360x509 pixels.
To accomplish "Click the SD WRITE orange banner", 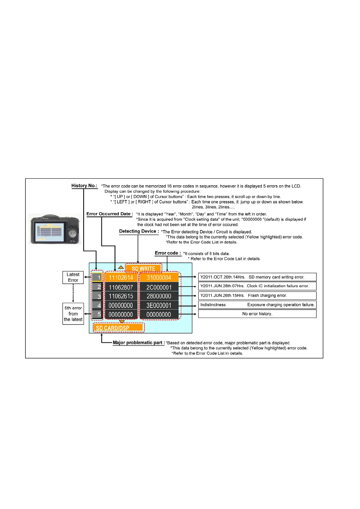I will point(143,268).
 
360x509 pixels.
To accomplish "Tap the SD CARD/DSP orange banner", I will point(118,328).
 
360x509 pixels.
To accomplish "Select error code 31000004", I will point(159,277).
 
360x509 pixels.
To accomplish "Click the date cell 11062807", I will point(121,287).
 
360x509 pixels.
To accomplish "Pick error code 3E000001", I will point(159,305).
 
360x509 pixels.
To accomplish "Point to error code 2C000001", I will point(159,287).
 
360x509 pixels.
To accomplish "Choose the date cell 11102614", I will point(121,277).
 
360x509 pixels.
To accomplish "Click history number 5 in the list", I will point(97,314).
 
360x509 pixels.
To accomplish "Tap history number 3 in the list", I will point(97,296).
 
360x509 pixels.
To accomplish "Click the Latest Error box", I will point(73,277).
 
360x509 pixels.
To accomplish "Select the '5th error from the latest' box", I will point(73,314).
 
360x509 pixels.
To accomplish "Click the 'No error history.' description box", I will point(257,314).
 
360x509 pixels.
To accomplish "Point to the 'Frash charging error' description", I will point(257,295).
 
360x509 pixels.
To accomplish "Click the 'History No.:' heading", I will point(84,186).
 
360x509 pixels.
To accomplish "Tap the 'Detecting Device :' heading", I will point(139,231).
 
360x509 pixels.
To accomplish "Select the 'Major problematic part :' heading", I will point(139,342).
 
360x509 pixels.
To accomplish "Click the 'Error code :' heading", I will point(168,253).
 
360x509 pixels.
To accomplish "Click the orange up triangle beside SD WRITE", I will point(121,267).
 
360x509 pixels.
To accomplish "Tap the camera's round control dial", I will point(72,234).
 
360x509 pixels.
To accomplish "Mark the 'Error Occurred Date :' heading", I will point(110,214).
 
